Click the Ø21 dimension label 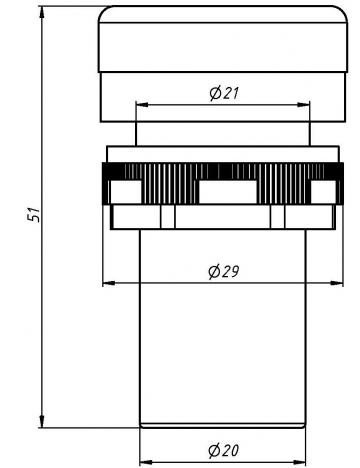pos(224,93)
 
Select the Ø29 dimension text pos(224,271)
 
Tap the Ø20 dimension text pos(224,450)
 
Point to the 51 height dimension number pos(34,214)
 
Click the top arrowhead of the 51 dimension pos(42,12)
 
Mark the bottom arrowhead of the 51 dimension pos(42,421)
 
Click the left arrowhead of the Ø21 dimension pos(142,105)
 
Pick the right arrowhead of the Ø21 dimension pos(304,105)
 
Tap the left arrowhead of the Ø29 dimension pos(109,283)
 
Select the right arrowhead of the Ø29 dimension pos(337,283)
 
